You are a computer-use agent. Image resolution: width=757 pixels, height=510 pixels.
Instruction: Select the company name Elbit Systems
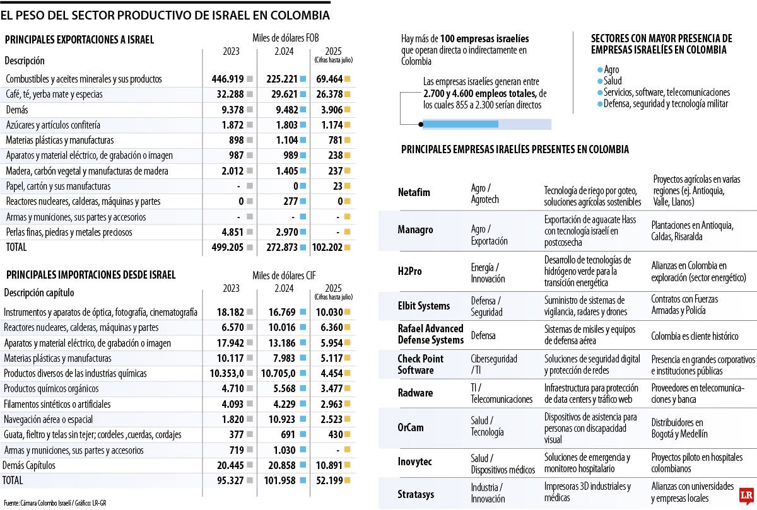click(x=424, y=306)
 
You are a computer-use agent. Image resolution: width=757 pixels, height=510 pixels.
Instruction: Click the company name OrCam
click(x=411, y=427)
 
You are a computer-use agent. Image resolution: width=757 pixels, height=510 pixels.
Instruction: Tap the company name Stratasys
click(x=416, y=494)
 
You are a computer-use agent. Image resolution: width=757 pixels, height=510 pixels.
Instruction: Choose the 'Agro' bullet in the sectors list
click(x=611, y=69)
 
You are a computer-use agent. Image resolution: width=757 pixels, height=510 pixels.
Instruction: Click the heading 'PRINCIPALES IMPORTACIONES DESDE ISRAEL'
click(x=90, y=275)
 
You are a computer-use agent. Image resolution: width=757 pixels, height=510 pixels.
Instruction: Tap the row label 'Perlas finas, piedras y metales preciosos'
click(x=69, y=232)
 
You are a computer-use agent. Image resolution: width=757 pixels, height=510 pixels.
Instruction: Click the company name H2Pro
click(x=410, y=271)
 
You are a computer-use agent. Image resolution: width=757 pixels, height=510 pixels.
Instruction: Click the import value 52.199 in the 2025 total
click(x=329, y=480)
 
